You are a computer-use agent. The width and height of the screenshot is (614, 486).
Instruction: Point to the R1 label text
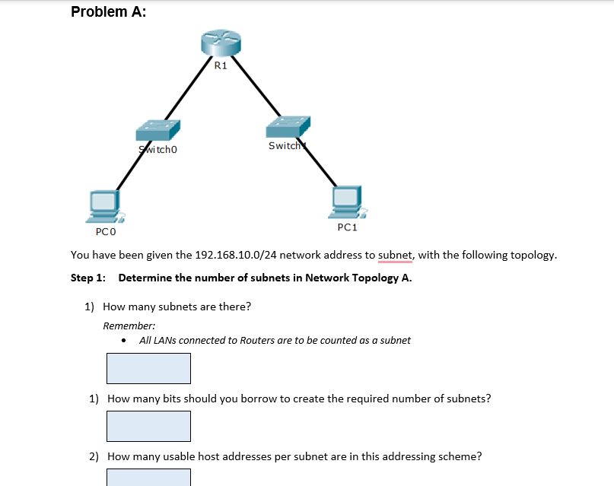(x=221, y=66)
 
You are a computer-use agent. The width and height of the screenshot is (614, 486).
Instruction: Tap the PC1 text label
(x=347, y=227)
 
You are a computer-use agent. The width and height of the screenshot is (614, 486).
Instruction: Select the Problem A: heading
(x=109, y=11)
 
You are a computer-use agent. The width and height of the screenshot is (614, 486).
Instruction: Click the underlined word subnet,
(x=395, y=255)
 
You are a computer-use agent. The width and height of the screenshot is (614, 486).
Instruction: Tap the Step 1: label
(x=87, y=278)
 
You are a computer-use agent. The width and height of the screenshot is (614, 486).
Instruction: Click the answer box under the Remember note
(x=148, y=368)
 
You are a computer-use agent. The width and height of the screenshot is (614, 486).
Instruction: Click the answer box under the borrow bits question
(x=148, y=426)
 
